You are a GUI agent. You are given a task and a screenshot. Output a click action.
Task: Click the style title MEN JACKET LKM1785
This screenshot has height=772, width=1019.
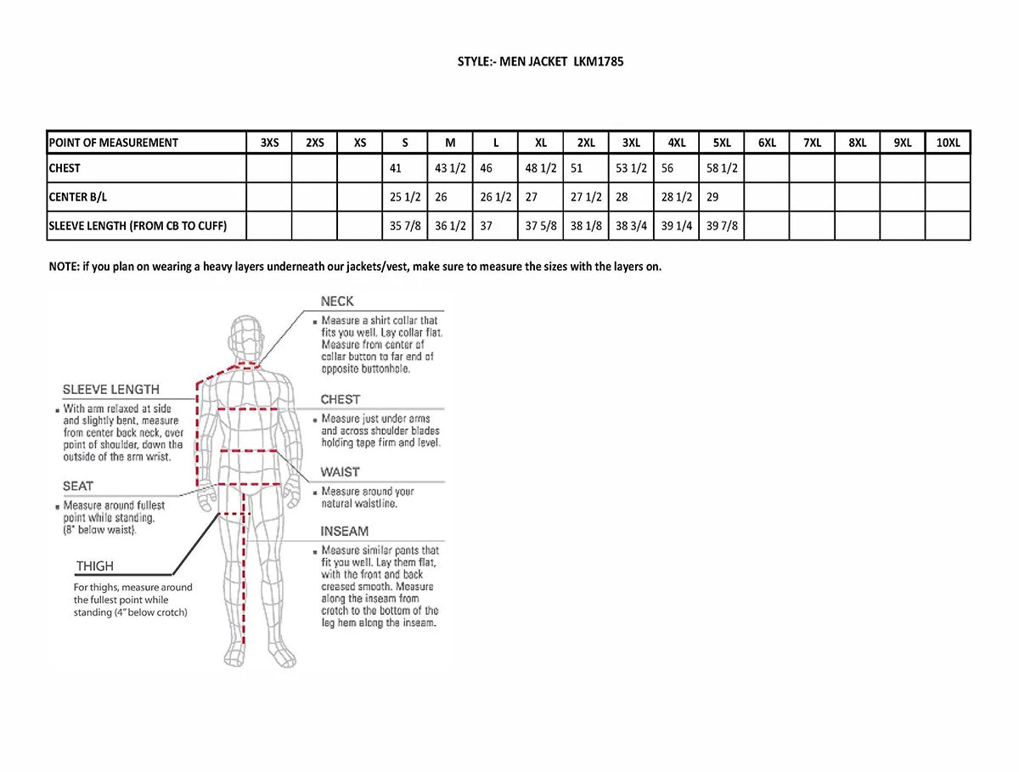541,62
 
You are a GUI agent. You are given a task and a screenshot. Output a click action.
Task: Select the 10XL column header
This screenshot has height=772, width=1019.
948,143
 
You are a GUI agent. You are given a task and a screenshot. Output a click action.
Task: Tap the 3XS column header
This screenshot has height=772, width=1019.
269,143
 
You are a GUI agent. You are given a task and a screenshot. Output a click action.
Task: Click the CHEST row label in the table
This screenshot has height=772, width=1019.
65,168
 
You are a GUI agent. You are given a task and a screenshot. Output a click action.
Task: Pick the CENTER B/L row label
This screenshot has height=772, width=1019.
78,197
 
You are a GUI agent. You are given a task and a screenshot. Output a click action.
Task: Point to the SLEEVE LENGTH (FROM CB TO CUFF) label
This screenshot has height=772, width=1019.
138,226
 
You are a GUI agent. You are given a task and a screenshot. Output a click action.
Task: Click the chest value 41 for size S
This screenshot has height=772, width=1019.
396,168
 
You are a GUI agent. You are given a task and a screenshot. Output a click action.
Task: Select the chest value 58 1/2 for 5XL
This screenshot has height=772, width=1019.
722,168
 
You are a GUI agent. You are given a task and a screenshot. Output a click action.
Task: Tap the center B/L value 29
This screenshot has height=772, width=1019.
712,197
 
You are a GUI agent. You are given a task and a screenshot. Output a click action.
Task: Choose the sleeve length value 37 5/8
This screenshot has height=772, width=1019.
541,226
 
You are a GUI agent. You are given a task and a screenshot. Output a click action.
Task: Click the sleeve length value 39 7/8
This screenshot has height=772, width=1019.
722,226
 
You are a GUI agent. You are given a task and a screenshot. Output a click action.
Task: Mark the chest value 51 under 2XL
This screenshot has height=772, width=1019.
577,168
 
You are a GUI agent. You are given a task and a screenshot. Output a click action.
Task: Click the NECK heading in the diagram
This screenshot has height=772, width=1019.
337,301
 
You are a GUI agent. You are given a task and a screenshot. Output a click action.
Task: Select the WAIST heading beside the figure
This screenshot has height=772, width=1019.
340,471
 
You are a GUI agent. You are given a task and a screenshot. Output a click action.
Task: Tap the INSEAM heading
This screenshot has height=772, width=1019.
344,531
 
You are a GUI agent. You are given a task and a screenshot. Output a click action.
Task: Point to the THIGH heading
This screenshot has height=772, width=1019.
94,566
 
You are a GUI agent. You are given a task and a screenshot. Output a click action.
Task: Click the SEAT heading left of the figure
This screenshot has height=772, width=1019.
78,486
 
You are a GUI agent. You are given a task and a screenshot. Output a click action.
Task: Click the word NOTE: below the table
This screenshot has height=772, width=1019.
64,266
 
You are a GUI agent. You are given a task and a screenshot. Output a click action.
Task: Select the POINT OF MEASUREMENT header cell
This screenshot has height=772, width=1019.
114,143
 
